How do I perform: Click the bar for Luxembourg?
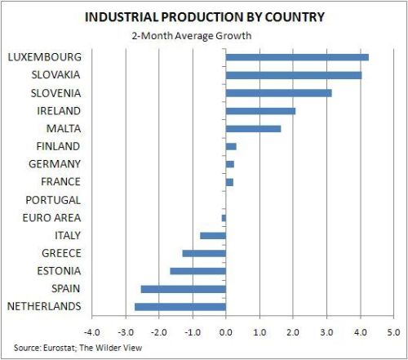(297, 57)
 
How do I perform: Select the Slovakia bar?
(293, 75)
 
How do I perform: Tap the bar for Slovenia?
(278, 93)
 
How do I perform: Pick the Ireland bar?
(260, 111)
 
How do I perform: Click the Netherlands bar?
(180, 307)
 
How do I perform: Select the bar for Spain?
(183, 289)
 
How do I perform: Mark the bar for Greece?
(204, 253)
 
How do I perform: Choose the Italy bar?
(212, 235)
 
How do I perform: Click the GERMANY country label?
(55, 164)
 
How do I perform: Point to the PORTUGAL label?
(54, 200)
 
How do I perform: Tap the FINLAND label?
(58, 146)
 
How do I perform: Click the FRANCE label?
(60, 182)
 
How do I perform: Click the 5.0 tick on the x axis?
(393, 332)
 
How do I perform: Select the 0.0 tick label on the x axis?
(225, 332)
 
